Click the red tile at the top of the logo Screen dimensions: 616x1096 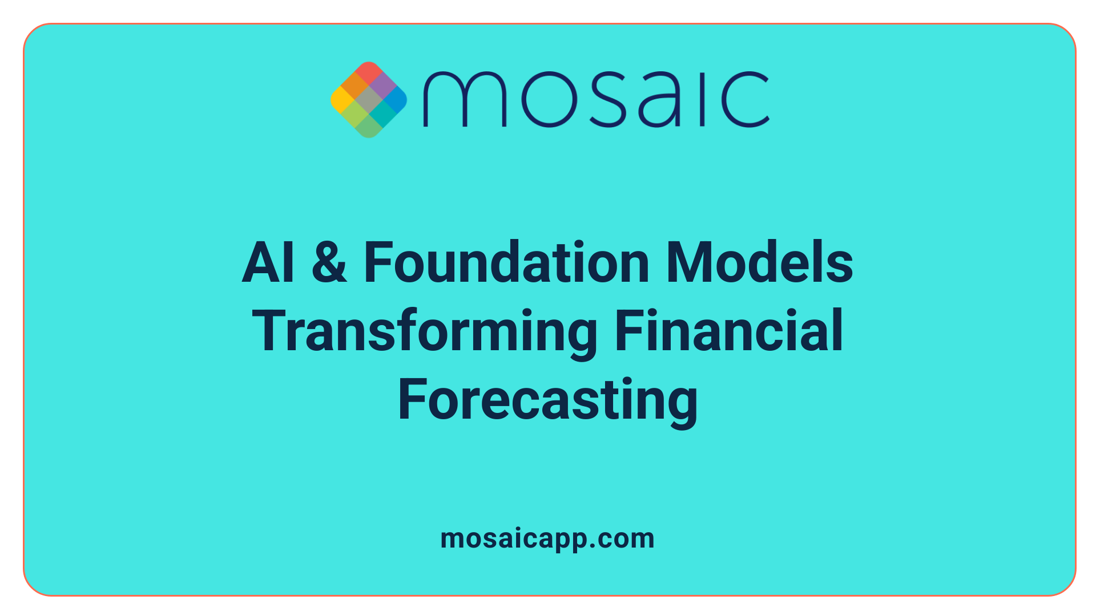pos(368,72)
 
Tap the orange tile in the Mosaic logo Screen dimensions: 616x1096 pos(354,87)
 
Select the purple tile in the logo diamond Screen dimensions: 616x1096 pos(382,86)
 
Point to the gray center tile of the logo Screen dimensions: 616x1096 pos(369,100)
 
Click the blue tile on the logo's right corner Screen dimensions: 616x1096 pos(396,100)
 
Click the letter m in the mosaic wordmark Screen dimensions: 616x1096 pos(464,99)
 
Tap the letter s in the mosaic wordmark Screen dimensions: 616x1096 pos(606,99)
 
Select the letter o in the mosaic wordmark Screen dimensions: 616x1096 pos(549,99)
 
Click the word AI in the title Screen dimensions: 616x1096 pos(268,262)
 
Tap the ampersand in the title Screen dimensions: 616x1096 pos(329,262)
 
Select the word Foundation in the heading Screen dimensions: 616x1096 pos(506,262)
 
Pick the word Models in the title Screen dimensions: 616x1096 pos(759,262)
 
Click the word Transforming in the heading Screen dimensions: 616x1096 pos(425,331)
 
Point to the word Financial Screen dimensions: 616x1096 pos(729,331)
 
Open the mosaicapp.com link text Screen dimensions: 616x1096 pos(547,539)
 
